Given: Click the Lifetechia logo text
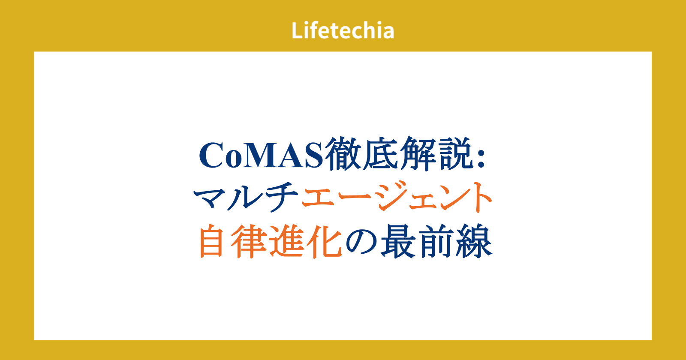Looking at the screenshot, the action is point(343,30).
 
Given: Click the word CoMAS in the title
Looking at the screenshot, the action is point(261,155).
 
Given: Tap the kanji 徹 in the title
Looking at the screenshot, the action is point(343,154).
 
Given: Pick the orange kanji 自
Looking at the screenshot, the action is point(211,241).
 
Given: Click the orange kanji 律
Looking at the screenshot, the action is point(249,241).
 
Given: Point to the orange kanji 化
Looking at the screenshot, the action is point(324,241).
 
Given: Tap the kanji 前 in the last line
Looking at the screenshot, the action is point(437,241).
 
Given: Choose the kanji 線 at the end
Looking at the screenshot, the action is point(474,241).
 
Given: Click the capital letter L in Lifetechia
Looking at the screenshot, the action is point(298,30).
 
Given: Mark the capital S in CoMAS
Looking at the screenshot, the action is point(314,155).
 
